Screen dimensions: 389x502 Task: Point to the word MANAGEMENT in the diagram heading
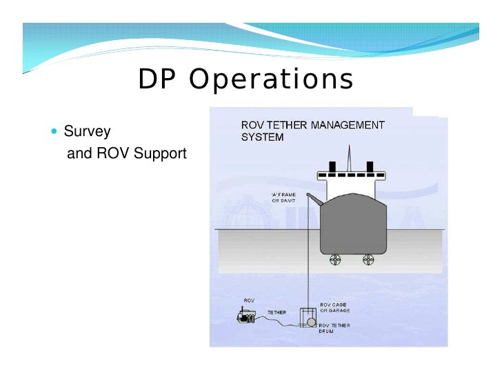[346, 125]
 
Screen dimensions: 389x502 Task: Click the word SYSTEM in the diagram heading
[262, 137]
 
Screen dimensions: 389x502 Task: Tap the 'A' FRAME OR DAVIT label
[283, 198]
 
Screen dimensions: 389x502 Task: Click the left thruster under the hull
[336, 260]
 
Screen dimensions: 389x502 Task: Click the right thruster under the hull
[369, 260]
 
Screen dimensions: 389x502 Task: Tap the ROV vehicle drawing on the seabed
[247, 316]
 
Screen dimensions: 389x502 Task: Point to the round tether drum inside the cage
[311, 322]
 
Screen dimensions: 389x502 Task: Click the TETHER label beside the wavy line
[277, 312]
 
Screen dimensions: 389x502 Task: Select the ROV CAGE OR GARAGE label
[335, 307]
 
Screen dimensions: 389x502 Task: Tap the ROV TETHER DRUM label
[335, 328]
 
